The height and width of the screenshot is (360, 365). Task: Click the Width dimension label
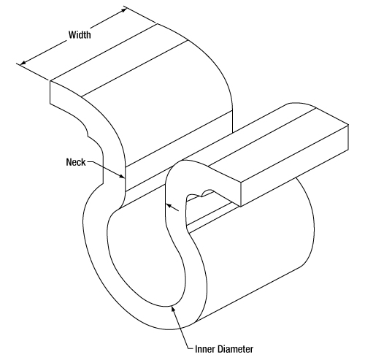click(x=80, y=35)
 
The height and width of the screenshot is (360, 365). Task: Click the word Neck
click(x=76, y=162)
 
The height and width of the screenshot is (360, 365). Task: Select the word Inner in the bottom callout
click(x=204, y=349)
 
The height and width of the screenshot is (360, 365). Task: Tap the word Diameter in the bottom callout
click(x=234, y=349)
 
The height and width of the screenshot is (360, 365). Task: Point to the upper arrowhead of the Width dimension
click(x=124, y=9)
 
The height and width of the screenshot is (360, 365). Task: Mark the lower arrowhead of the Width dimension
click(x=23, y=63)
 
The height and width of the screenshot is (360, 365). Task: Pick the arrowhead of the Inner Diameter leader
click(x=173, y=309)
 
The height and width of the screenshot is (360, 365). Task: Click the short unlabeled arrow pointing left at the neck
click(x=172, y=207)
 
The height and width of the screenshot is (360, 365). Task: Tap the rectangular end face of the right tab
click(x=294, y=166)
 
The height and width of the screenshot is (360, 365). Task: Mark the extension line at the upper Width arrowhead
click(x=140, y=15)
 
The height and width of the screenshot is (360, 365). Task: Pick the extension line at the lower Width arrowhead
click(x=33, y=72)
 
